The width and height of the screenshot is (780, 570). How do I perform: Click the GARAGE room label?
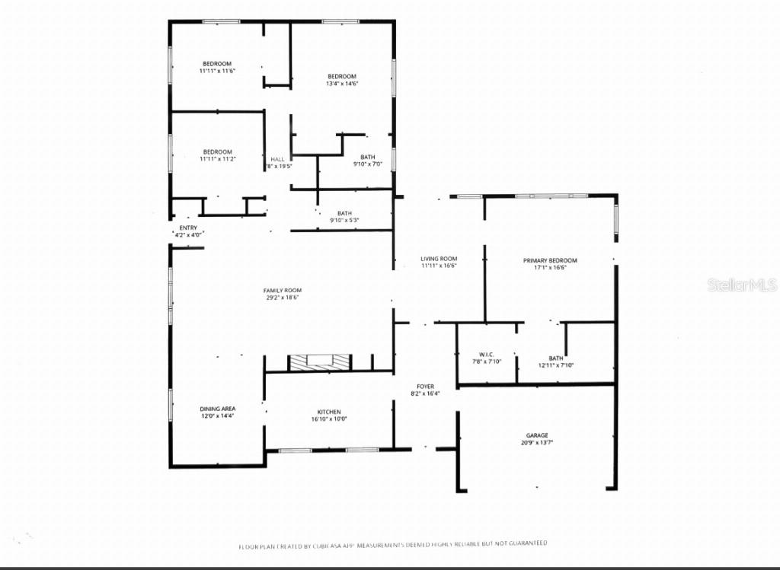tap(536, 435)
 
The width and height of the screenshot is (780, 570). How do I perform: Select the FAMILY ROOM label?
tap(283, 291)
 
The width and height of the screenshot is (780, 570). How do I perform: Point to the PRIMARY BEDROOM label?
tap(550, 260)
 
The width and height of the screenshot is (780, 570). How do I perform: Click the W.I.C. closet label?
tap(487, 355)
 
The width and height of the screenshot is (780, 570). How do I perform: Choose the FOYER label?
tap(425, 386)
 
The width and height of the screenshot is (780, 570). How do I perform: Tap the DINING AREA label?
tap(218, 409)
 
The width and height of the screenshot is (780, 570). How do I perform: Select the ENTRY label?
tap(188, 228)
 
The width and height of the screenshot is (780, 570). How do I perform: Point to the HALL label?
tap(277, 159)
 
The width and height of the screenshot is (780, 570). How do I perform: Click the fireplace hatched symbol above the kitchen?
tap(319, 362)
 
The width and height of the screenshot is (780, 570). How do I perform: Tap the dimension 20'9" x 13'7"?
tap(536, 442)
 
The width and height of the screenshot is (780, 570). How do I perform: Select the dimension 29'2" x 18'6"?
tap(283, 298)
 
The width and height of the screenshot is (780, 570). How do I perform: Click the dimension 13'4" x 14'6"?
tap(342, 83)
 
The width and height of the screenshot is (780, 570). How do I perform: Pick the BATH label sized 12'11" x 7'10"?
tap(556, 358)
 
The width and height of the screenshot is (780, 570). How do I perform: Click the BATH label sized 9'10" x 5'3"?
tap(344, 214)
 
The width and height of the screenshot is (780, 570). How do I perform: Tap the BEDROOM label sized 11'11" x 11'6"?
tap(217, 63)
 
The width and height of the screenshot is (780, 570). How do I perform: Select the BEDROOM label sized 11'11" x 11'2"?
tap(217, 152)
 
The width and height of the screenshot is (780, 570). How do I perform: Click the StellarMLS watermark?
tap(742, 285)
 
